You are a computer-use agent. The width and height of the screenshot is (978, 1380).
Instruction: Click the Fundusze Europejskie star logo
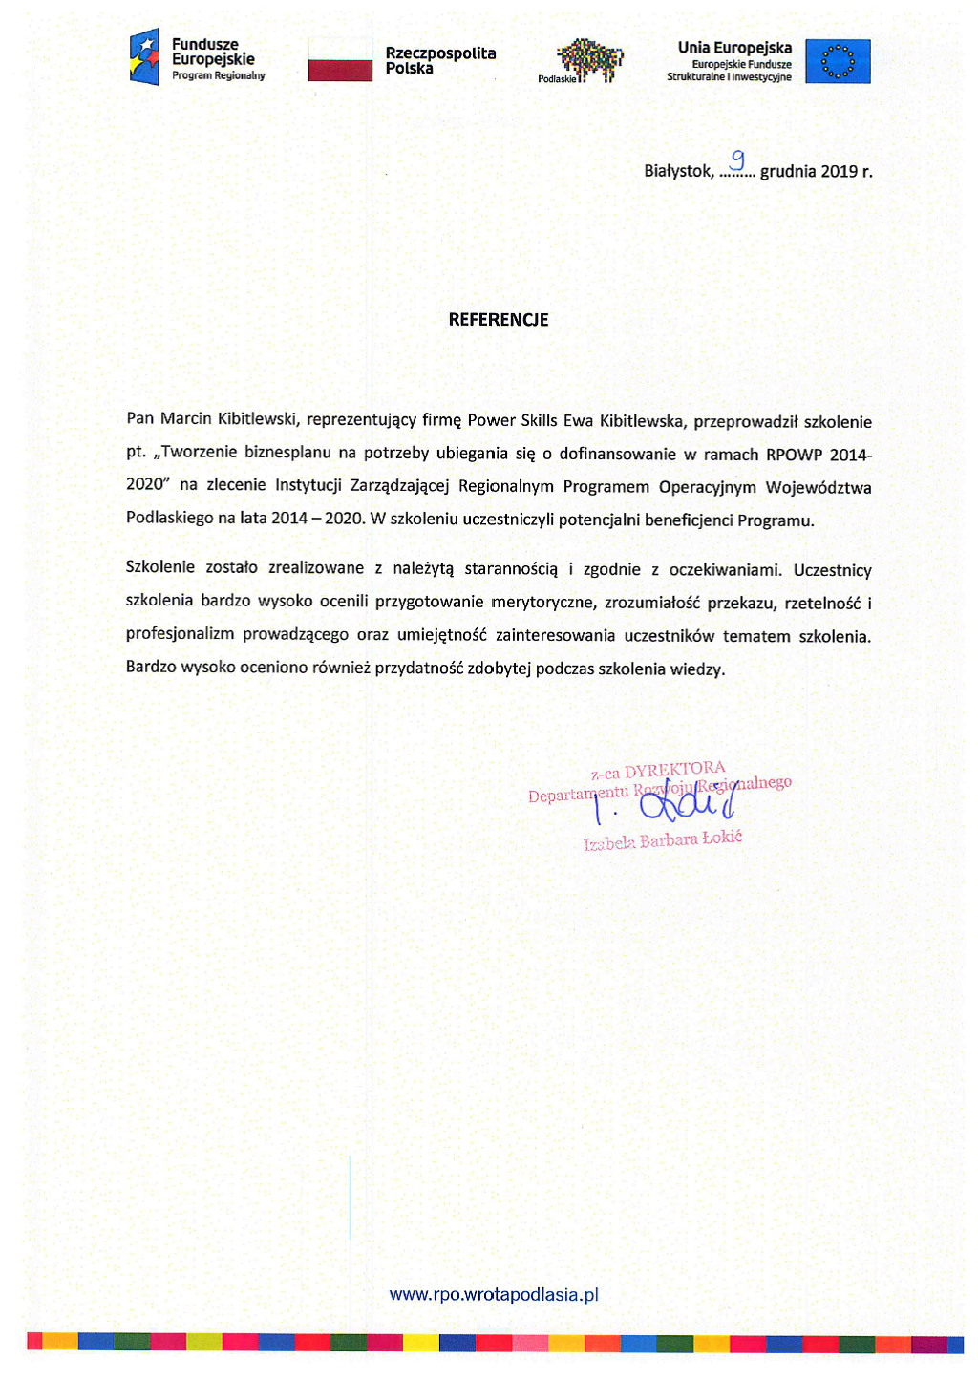tap(144, 57)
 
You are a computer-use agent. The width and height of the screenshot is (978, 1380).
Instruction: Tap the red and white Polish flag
tap(340, 60)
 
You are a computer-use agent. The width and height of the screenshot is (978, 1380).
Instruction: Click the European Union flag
tap(838, 61)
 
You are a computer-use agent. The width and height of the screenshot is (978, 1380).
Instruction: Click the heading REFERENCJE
tap(499, 320)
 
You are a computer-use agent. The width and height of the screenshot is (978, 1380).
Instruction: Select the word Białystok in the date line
tap(677, 172)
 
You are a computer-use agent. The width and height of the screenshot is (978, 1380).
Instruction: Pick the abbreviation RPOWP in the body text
tap(795, 454)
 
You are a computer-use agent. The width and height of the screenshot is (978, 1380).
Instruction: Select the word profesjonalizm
tap(180, 635)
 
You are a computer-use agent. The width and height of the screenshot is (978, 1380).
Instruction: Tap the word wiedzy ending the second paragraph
tap(697, 669)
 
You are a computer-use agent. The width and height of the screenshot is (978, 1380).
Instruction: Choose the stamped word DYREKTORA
tap(674, 770)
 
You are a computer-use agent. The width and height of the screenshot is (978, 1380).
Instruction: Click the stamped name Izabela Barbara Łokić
tap(663, 840)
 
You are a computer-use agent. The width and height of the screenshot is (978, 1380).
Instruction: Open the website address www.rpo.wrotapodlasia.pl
tap(494, 1295)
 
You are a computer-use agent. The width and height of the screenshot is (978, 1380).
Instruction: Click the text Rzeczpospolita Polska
tap(440, 60)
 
